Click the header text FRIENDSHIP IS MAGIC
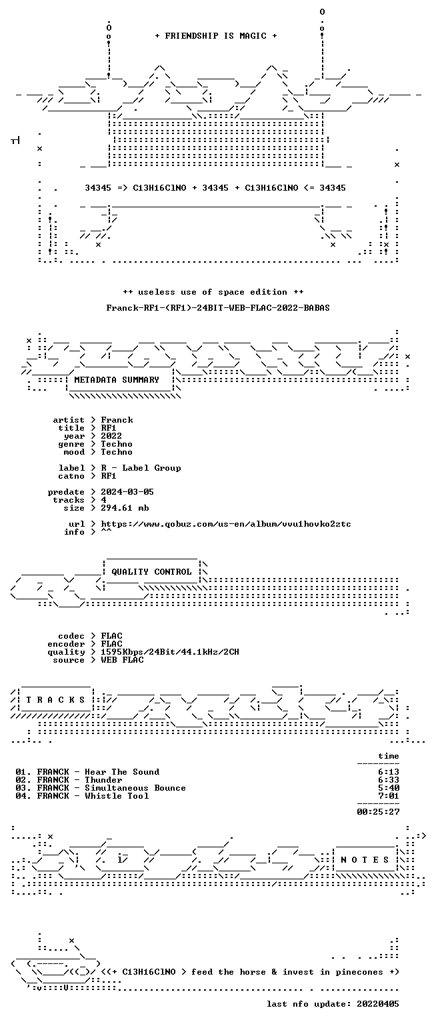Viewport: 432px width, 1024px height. point(216,35)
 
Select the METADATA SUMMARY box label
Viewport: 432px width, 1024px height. point(117,379)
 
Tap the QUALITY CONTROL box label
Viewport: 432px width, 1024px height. point(151,571)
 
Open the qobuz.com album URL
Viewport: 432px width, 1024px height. point(226,524)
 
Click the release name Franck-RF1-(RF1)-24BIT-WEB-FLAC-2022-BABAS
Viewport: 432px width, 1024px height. point(217,307)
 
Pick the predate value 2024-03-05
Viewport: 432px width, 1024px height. point(127,492)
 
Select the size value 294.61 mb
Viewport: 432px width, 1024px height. point(125,508)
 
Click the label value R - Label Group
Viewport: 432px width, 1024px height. point(141,468)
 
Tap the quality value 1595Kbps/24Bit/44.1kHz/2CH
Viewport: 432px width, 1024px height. point(169,652)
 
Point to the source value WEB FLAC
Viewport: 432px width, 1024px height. point(122,659)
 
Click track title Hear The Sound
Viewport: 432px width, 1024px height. point(122,771)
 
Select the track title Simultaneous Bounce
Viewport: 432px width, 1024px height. point(135,787)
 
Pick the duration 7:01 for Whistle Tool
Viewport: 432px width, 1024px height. point(389,796)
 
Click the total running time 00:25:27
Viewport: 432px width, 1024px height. point(378,812)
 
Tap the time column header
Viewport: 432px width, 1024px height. point(389,756)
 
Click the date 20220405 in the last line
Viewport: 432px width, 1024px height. point(378,1004)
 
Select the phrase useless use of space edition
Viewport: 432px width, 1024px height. point(213,291)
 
